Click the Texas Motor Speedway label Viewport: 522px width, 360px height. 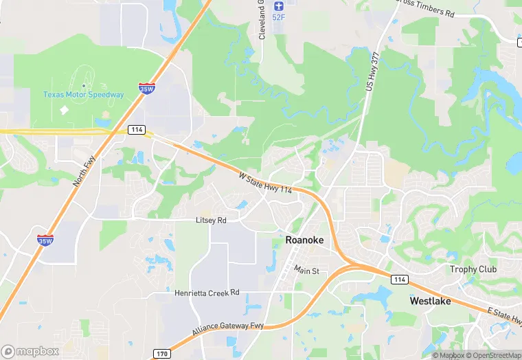[84, 94]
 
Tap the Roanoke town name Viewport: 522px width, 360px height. [304, 241]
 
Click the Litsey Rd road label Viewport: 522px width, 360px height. [211, 221]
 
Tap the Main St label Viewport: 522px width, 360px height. [307, 271]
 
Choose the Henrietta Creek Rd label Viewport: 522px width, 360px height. [207, 292]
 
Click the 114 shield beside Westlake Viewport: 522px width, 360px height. [399, 279]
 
